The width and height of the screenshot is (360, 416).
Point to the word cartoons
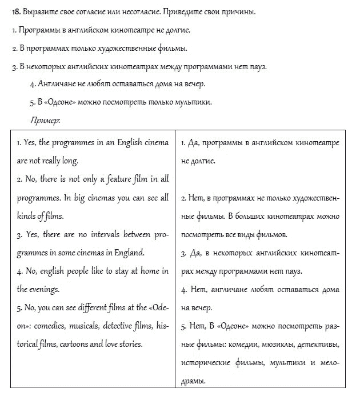pos(68,344)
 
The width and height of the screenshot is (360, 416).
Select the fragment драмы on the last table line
pos(193,381)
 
